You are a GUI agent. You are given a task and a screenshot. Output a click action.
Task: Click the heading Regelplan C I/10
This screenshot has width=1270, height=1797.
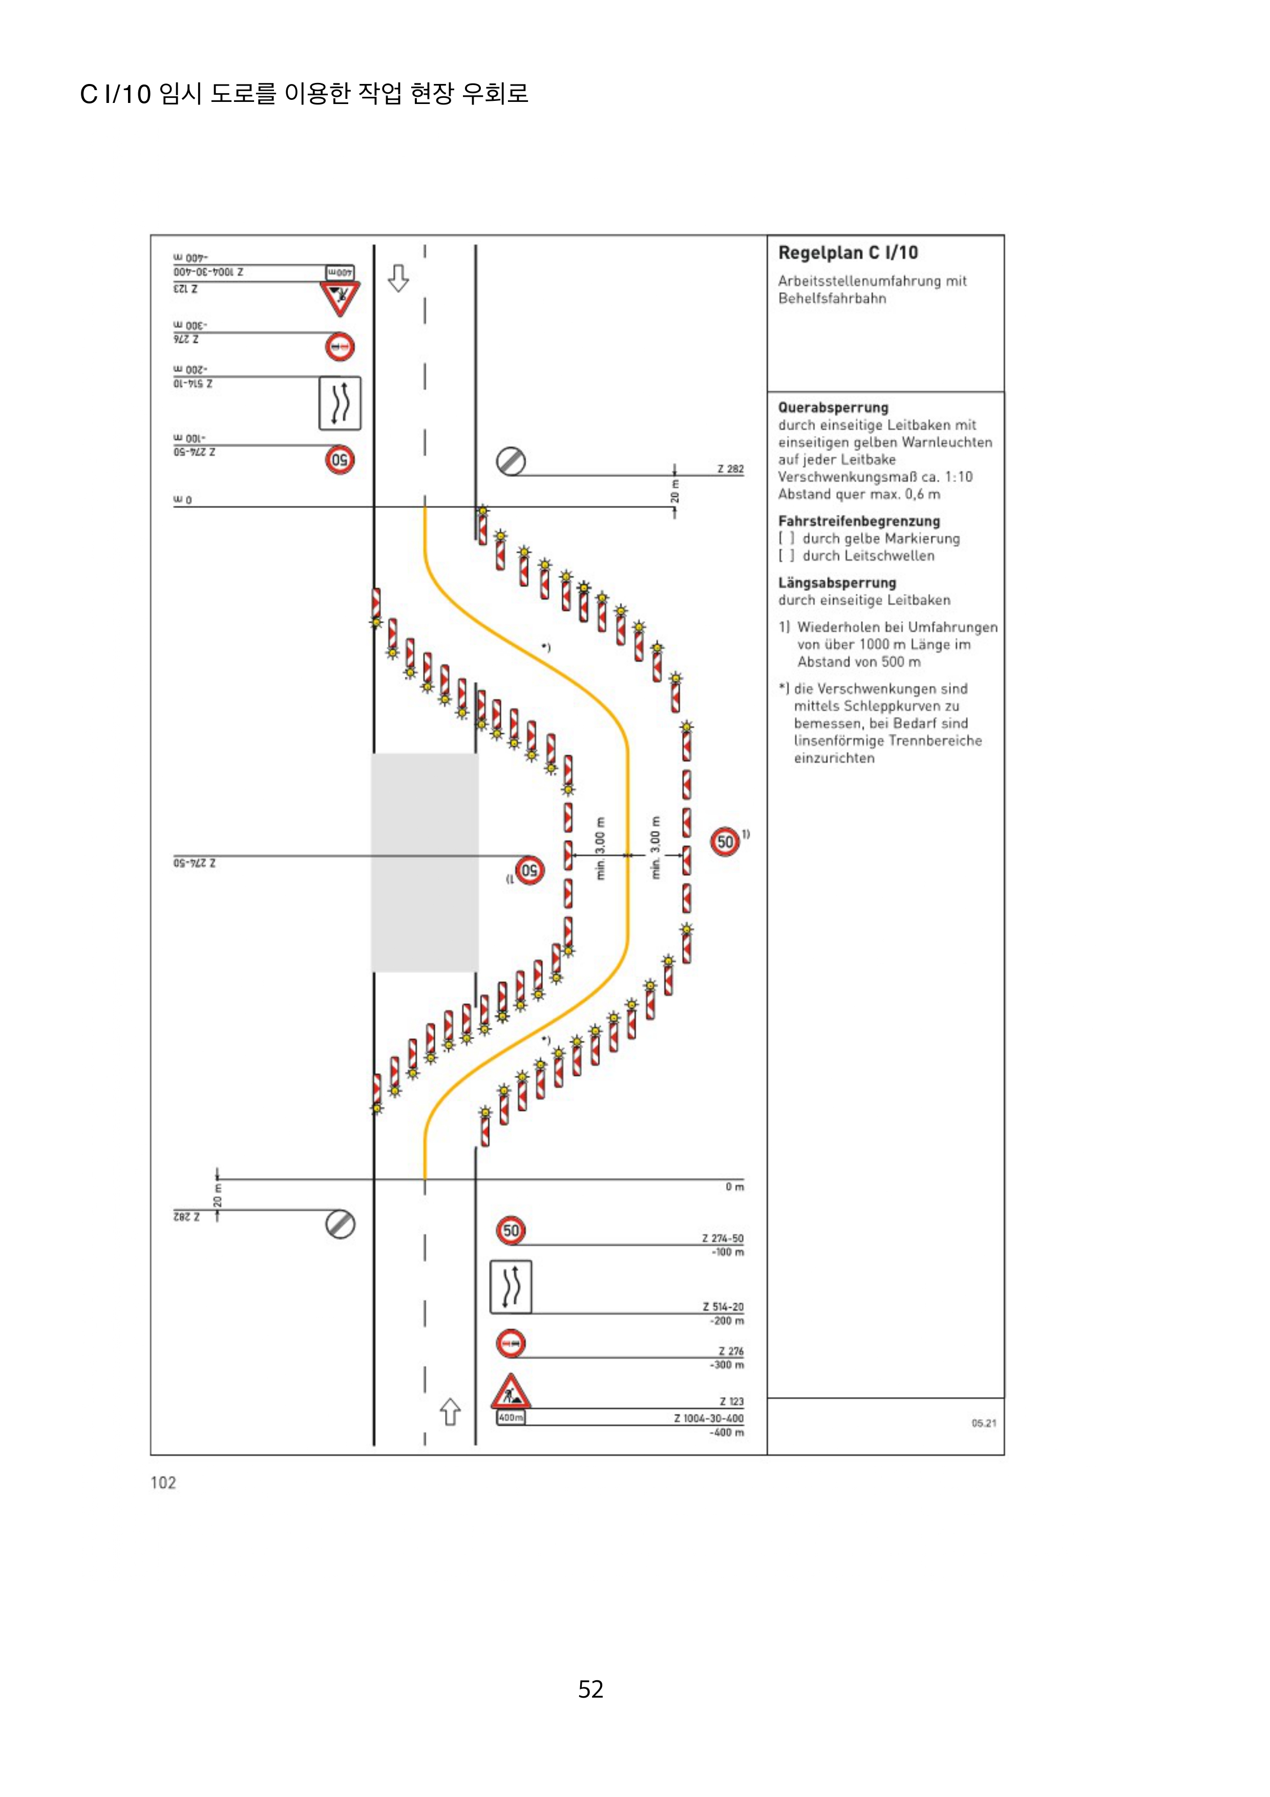coord(848,253)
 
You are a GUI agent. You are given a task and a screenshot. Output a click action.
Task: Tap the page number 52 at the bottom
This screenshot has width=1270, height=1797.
coord(591,1688)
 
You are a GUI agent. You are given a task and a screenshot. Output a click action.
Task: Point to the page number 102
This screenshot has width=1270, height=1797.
coord(163,1483)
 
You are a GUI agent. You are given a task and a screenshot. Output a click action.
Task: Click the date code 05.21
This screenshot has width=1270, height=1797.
coord(984,1423)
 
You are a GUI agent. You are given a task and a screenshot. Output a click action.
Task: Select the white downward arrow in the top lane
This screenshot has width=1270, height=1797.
coord(398,278)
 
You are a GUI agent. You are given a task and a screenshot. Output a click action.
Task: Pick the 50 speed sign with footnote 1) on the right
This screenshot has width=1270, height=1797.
coord(725,841)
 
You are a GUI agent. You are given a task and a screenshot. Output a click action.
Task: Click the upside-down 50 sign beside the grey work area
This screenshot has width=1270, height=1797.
coord(530,870)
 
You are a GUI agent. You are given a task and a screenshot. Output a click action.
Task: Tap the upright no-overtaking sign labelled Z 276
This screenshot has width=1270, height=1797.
coord(511,1344)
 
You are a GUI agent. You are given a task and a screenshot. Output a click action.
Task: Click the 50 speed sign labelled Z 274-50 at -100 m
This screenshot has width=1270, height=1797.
coord(511,1231)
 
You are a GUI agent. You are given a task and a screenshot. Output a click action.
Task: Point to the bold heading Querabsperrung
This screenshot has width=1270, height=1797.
coord(833,408)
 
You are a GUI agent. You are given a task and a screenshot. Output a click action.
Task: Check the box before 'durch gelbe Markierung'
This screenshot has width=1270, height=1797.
coord(786,538)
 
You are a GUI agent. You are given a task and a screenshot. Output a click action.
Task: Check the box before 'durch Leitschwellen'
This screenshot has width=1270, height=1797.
coord(786,556)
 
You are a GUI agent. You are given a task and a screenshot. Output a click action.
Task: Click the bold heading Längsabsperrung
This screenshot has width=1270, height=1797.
coord(836,583)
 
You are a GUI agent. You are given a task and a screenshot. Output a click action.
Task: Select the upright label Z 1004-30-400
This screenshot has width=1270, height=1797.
coord(708,1418)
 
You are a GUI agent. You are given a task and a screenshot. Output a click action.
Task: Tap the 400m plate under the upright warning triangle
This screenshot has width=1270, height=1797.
coord(510,1418)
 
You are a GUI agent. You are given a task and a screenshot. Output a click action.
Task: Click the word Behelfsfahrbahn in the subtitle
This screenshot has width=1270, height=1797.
coord(832,298)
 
